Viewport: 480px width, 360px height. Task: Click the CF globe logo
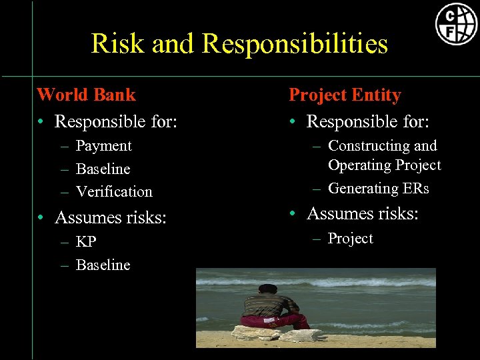coord(456,24)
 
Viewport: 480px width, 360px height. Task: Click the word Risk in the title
coord(118,44)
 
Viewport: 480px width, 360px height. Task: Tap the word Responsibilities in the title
coord(295,44)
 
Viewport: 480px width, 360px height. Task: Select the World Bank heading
coord(86,95)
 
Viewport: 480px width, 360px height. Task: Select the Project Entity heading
coord(345,95)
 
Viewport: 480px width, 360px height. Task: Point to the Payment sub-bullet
coord(103,146)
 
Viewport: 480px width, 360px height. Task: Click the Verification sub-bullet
coord(114,192)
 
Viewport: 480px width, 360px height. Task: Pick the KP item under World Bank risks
coord(87,242)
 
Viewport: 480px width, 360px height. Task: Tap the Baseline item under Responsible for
coord(103,169)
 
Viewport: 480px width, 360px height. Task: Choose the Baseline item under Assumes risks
coord(103,265)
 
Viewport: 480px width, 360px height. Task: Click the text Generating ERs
coord(379,189)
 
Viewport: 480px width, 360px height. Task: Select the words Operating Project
coord(385,165)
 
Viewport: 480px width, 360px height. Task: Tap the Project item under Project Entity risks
coord(350,239)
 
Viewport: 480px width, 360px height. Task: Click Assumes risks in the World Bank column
coord(111,217)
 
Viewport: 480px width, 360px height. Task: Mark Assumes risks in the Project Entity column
coord(363,213)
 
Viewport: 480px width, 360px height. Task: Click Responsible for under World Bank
coord(116,122)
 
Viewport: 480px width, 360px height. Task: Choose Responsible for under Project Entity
coord(368,122)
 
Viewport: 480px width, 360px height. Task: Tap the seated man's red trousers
coord(273,321)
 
